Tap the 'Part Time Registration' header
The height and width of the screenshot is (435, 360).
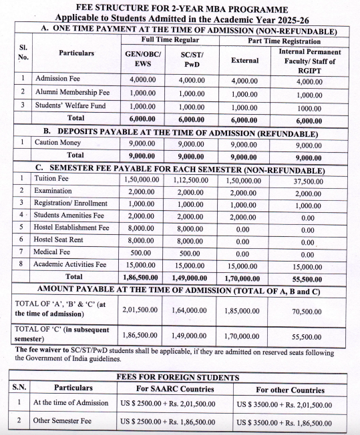tap(283, 41)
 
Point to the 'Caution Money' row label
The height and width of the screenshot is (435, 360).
tap(57, 143)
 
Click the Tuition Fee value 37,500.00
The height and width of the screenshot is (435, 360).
tap(308, 179)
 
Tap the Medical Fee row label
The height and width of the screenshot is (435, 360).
tap(53, 252)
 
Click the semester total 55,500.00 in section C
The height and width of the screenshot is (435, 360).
tap(308, 277)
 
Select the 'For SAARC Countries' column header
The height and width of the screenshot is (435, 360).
tap(175, 389)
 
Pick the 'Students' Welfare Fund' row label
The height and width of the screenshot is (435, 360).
tap(72, 105)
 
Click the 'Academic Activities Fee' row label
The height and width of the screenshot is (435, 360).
tap(71, 264)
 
